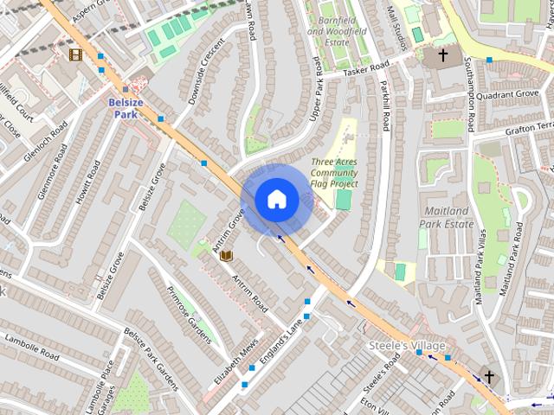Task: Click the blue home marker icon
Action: click(x=277, y=200)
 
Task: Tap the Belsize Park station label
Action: click(x=126, y=106)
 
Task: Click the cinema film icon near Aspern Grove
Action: click(x=76, y=54)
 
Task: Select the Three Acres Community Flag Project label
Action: click(x=336, y=172)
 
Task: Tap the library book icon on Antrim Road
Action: click(x=227, y=256)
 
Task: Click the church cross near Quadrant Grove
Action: click(x=443, y=55)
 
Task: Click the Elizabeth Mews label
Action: click(x=236, y=361)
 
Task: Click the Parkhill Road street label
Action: click(x=382, y=112)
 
